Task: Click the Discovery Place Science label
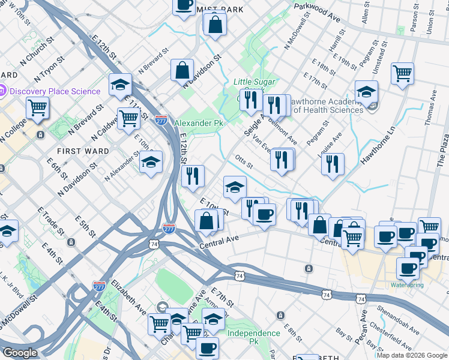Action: pos(55,91)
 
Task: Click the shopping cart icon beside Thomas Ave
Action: pos(402,73)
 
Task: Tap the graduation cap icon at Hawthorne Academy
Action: pos(366,91)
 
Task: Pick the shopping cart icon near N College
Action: pos(37,108)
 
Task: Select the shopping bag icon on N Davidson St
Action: pos(182,70)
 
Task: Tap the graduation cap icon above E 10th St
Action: pos(235,187)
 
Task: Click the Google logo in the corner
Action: pos(20,353)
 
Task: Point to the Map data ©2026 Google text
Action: pos(412,355)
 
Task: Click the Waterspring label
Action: pos(407,284)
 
